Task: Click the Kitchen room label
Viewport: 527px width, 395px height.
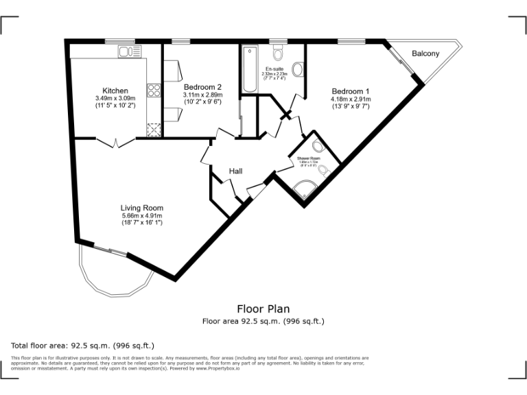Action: coord(115,91)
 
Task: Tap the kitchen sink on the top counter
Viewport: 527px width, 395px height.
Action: coord(126,51)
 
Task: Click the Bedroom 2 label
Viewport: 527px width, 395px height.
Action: coord(202,87)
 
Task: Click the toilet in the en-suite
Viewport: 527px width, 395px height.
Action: coord(278,53)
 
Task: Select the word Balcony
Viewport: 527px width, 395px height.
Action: coord(425,53)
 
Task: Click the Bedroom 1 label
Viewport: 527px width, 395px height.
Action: coord(351,91)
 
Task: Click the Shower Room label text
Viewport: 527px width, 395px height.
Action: coord(309,158)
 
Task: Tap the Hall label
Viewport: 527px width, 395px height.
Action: coord(236,171)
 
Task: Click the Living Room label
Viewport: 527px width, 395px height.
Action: coord(142,208)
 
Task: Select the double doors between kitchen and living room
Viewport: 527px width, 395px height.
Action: coord(114,143)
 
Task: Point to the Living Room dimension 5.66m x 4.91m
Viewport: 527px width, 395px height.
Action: coord(142,215)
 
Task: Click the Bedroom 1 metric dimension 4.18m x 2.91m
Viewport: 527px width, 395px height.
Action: coord(351,99)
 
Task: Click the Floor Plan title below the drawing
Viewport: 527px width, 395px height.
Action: coord(263,309)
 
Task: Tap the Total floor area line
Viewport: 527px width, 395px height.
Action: coord(82,345)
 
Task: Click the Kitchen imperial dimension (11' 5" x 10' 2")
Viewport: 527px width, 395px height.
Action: coord(115,106)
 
